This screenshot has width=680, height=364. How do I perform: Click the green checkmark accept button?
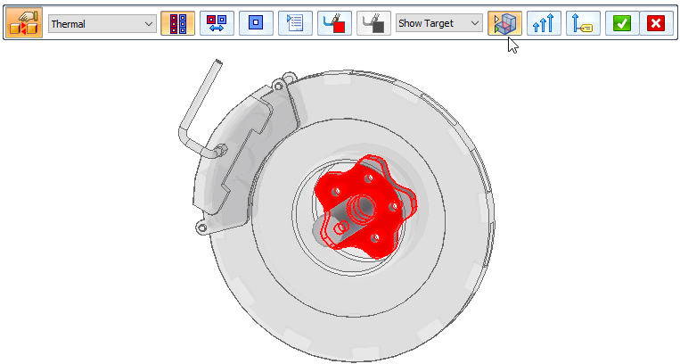tap(622, 23)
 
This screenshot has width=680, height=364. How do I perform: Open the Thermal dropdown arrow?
tap(149, 24)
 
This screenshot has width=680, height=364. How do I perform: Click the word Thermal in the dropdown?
tap(68, 24)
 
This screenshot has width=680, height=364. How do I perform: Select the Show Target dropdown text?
tap(426, 23)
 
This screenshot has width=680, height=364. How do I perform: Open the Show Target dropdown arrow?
tap(475, 23)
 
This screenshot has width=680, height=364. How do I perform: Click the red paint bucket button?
tap(334, 23)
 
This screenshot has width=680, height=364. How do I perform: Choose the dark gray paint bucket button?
tap(373, 23)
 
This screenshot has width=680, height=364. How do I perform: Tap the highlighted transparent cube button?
tap(504, 23)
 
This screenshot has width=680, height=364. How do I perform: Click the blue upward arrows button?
tap(544, 23)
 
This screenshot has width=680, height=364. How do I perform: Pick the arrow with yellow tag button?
tap(583, 23)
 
